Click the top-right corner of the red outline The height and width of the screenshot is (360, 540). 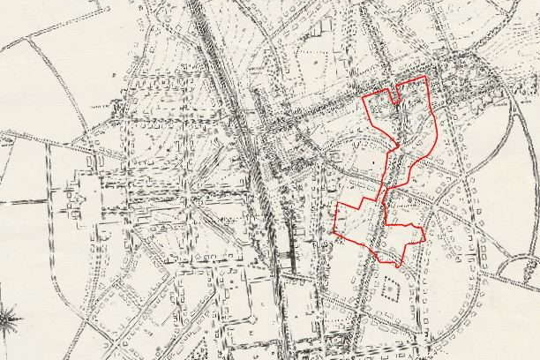tap(427, 77)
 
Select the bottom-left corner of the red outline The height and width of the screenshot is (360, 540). tap(335, 235)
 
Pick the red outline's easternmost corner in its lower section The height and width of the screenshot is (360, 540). tap(425, 237)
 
